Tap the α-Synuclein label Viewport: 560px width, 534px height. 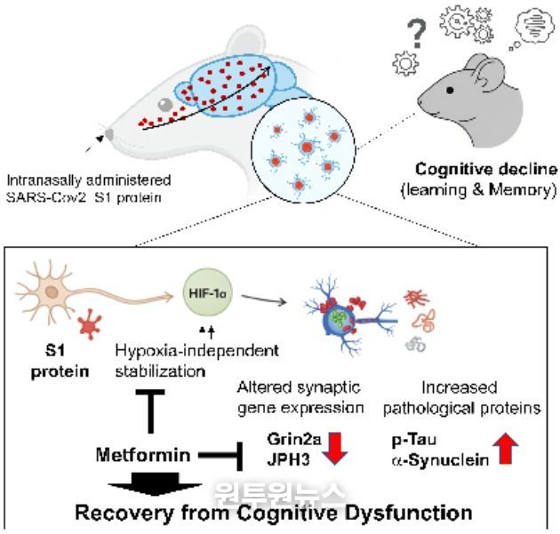click(x=433, y=461)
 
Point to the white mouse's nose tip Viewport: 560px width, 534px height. click(x=108, y=136)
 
